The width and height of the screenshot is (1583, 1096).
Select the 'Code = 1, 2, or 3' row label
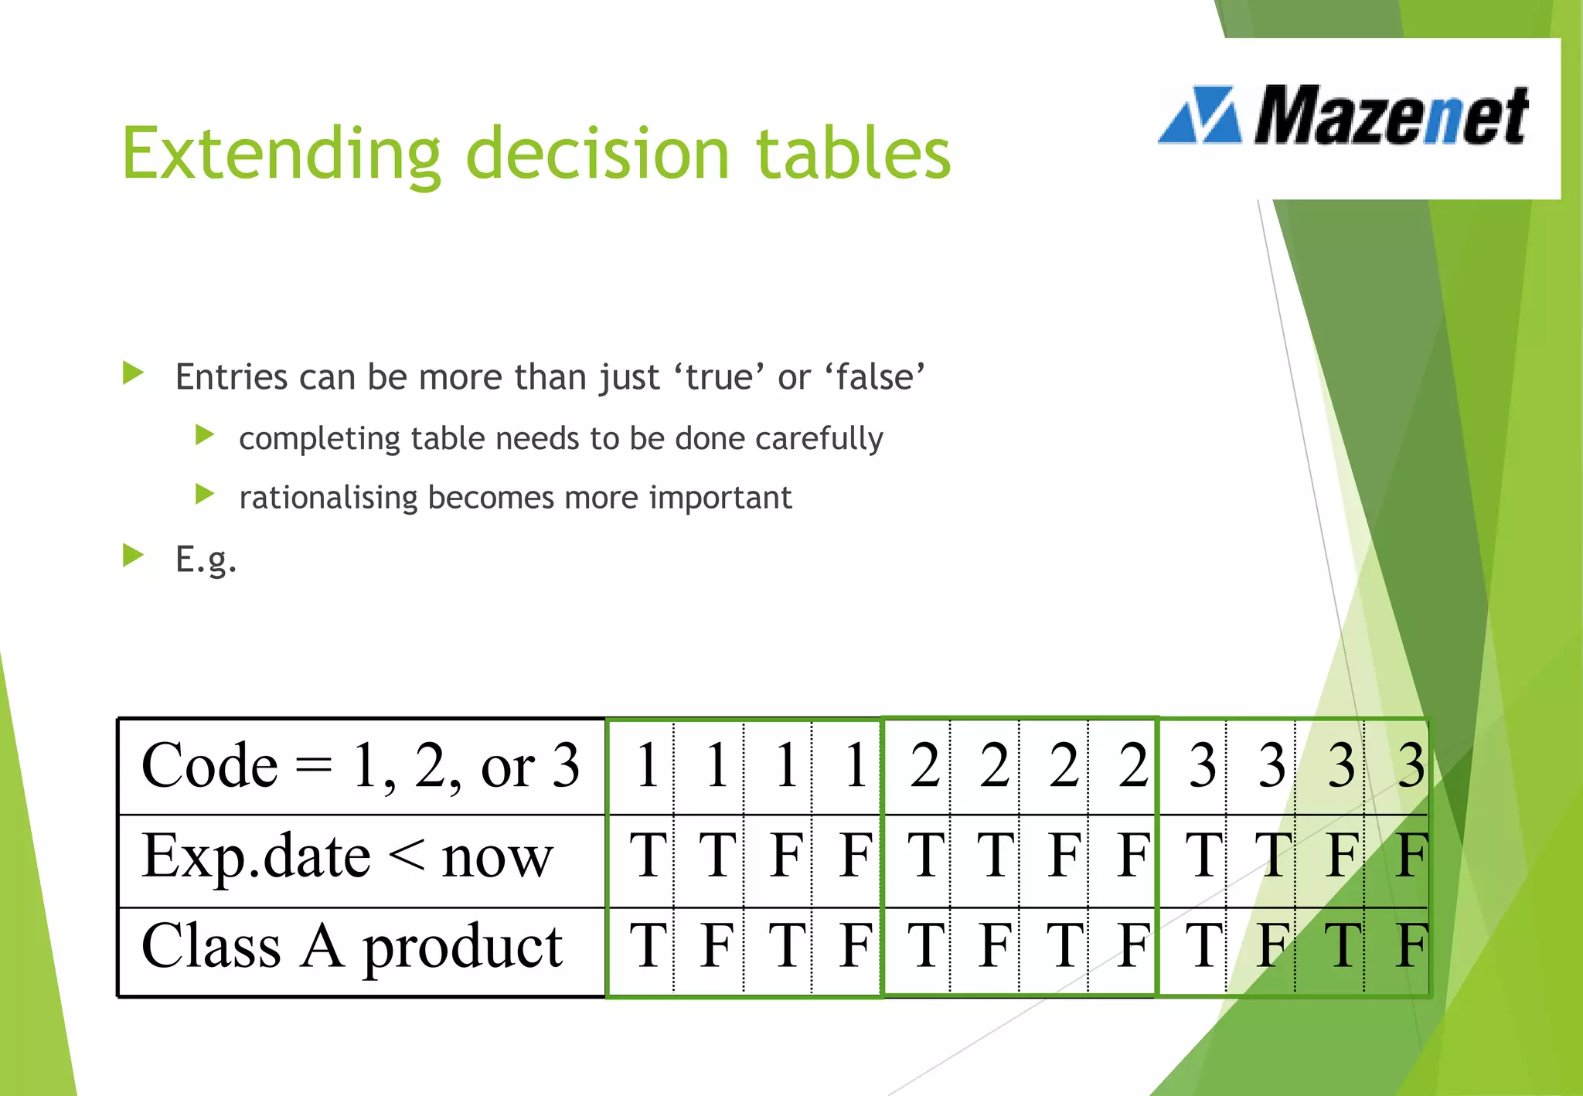click(x=360, y=766)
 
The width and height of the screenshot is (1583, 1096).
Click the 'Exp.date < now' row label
click(x=347, y=857)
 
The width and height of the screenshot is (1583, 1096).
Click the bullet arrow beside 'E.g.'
click(x=133, y=555)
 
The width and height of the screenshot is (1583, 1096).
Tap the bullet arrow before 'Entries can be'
click(x=133, y=374)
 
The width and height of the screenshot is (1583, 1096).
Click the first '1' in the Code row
click(x=648, y=765)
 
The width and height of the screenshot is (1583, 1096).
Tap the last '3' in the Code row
click(x=1411, y=765)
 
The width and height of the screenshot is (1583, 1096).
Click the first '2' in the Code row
click(x=924, y=765)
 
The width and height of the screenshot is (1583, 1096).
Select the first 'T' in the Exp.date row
click(x=648, y=856)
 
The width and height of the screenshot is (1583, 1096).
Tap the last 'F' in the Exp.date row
click(x=1411, y=856)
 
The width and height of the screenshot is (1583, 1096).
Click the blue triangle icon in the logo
click(x=1200, y=116)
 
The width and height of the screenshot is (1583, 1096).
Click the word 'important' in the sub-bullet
click(x=720, y=497)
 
